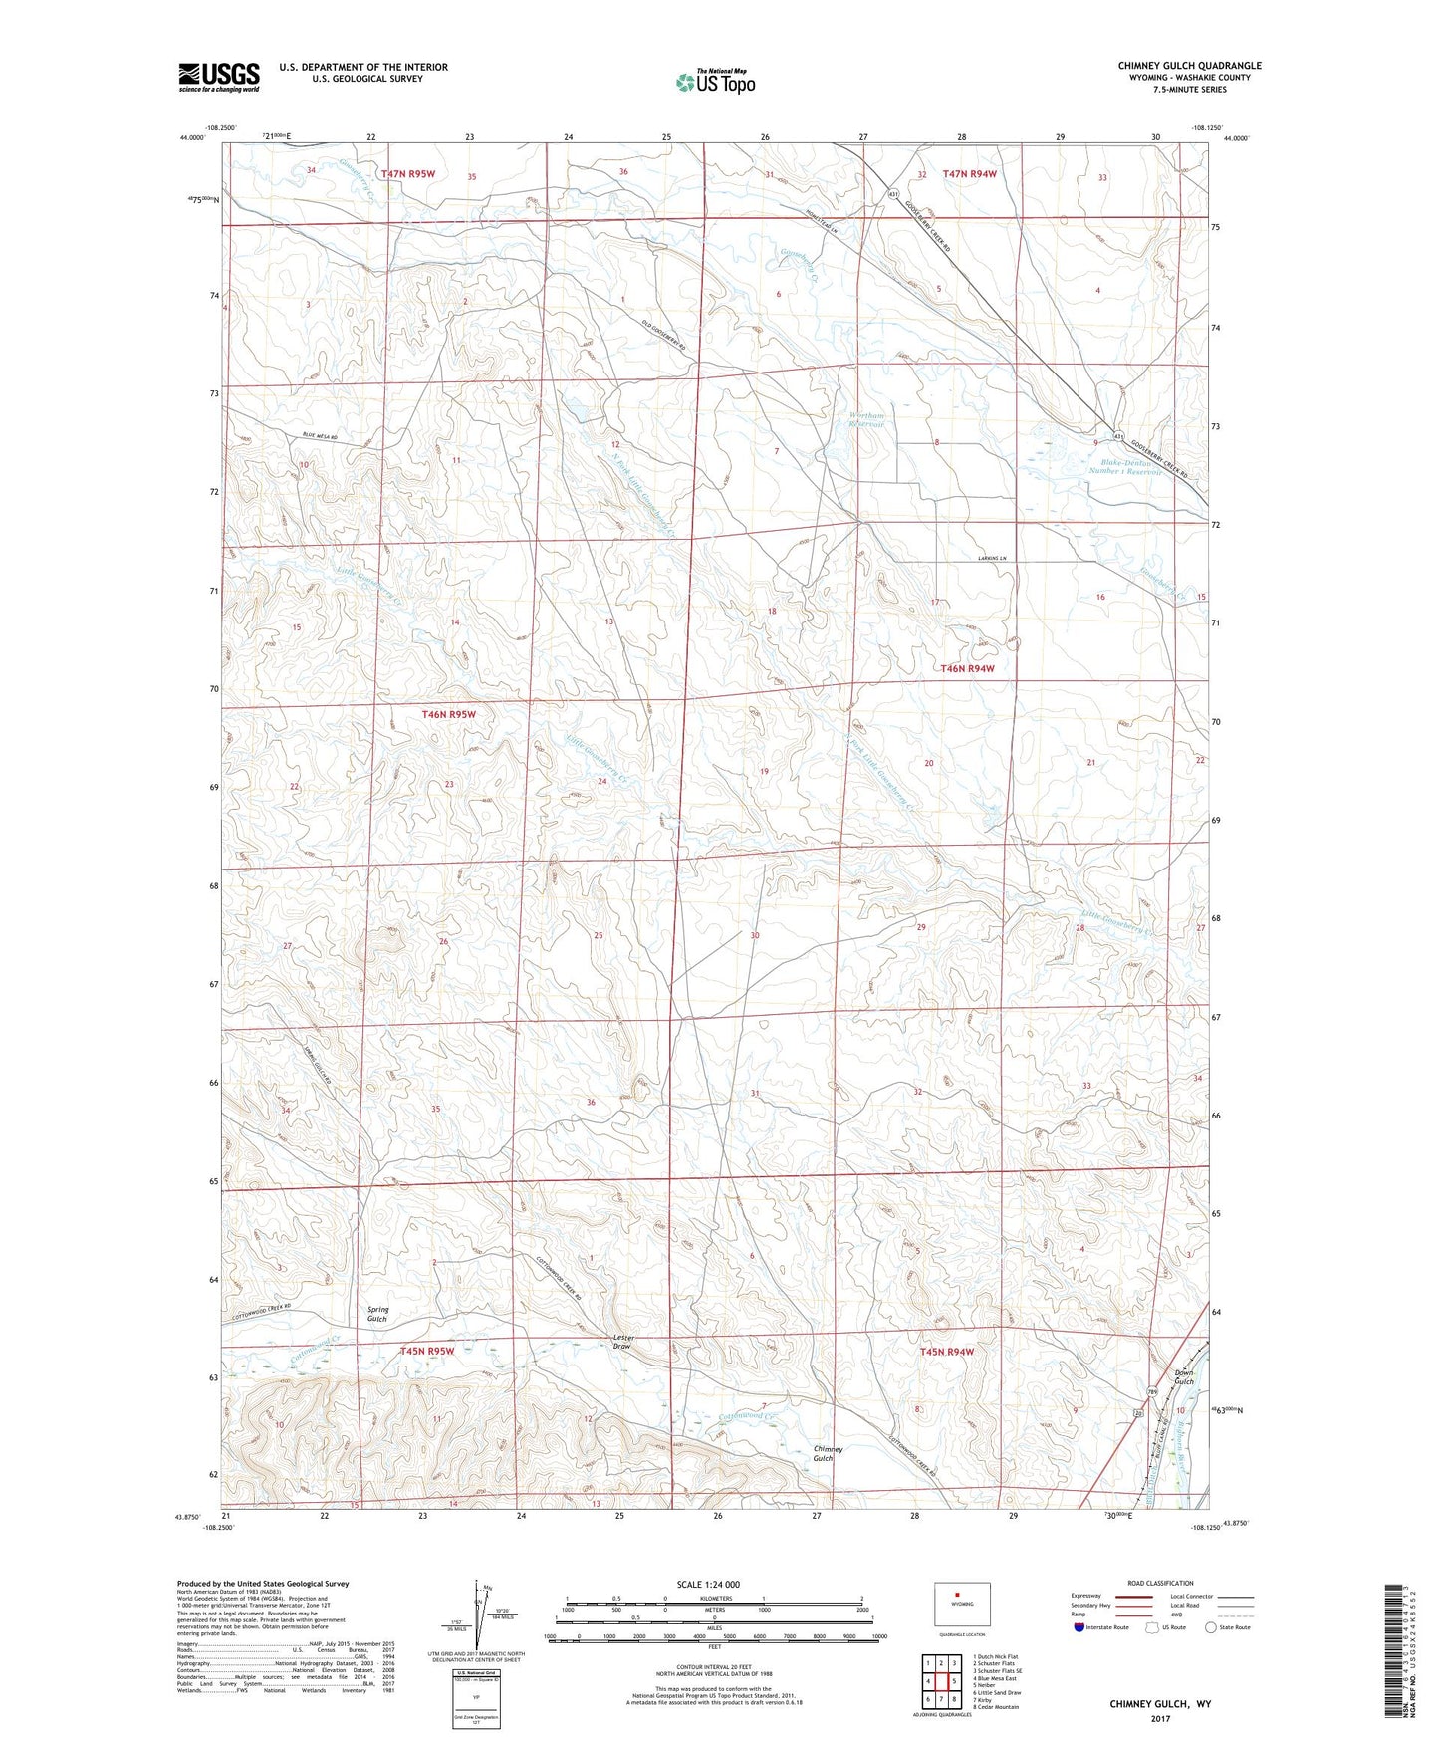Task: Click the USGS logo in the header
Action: (218, 77)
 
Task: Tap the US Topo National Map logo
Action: (715, 82)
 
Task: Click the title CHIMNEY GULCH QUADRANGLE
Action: (1189, 66)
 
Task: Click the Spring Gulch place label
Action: (377, 1314)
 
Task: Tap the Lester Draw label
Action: (623, 1342)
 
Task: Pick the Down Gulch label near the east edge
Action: (1183, 1377)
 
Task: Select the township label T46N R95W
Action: (449, 714)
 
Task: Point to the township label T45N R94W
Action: (946, 1352)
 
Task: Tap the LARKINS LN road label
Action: (990, 559)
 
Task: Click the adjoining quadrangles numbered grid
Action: (941, 1681)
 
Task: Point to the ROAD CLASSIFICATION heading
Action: (1160, 1583)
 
